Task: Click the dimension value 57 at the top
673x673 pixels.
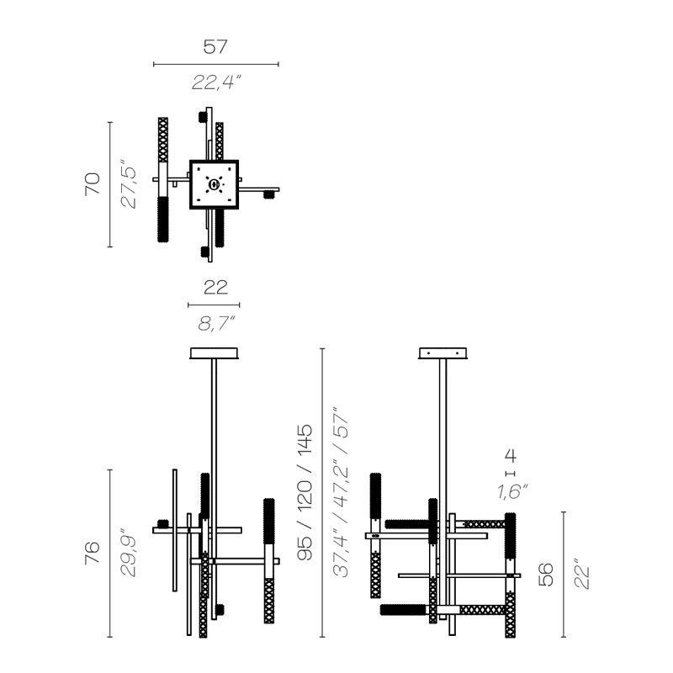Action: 215,46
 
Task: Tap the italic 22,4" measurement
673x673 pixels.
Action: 215,82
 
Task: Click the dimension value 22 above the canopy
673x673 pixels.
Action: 215,288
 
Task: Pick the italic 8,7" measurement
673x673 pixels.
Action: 215,321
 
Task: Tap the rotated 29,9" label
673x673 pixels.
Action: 128,553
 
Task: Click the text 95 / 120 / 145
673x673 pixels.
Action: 305,492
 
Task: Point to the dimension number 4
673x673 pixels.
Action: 509,457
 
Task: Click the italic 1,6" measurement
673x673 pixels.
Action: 509,492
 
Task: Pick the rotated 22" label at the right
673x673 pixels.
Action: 582,575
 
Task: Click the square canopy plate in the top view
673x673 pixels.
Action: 215,184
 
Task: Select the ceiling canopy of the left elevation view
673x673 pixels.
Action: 215,353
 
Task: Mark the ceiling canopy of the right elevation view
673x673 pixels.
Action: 442,353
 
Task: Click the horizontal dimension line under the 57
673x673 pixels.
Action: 215,64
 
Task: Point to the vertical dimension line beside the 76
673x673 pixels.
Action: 110,553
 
